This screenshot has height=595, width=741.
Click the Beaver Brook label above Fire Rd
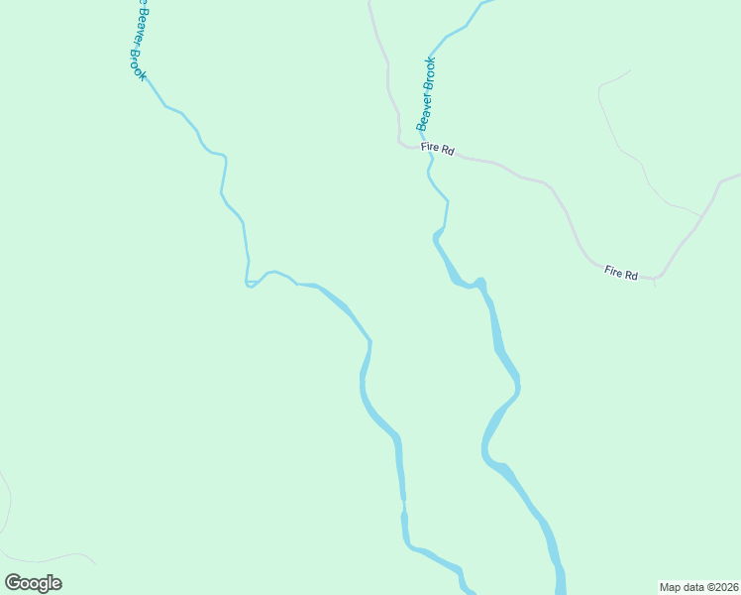[x=426, y=94]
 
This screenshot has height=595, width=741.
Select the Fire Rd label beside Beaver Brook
[x=437, y=149]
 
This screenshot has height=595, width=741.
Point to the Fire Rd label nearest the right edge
[x=621, y=272]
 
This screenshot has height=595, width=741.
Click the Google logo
[x=33, y=583]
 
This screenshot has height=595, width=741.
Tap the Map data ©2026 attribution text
[x=698, y=586]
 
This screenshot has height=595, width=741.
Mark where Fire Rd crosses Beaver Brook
[x=429, y=153]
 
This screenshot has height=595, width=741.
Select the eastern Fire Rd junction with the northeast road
[x=656, y=279]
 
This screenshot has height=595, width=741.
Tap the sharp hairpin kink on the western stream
[x=248, y=285]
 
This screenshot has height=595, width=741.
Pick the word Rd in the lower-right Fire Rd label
[x=630, y=274]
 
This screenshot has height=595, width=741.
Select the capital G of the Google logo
[x=14, y=582]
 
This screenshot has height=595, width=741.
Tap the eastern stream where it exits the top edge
[x=482, y=3]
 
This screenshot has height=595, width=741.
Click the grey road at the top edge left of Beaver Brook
[x=370, y=4]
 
